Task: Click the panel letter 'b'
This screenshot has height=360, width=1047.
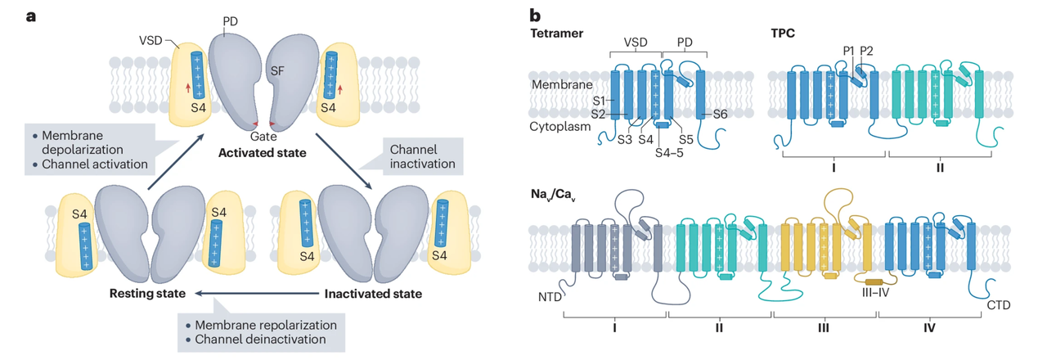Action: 535,14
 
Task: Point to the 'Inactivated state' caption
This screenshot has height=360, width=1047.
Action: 373,293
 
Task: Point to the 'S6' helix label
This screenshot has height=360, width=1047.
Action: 720,115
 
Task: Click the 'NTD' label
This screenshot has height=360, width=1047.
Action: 550,298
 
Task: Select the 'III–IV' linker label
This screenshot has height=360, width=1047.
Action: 875,292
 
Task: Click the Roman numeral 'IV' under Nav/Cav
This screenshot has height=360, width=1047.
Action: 930,327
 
